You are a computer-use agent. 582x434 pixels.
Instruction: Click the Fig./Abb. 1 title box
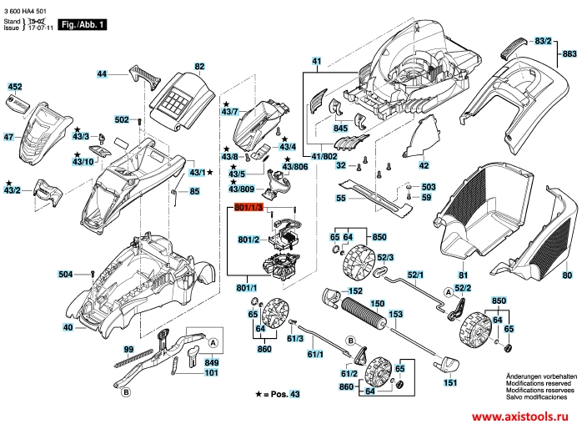84,25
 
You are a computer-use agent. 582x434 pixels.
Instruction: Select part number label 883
569,53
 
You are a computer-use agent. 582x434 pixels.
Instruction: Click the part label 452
15,87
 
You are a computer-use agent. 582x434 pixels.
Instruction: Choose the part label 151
450,383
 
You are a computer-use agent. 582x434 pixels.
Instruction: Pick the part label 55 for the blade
341,199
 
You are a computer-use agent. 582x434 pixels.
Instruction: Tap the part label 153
395,314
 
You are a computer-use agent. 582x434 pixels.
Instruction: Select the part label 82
199,66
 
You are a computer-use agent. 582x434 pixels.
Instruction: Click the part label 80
567,275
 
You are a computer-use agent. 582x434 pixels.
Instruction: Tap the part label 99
128,349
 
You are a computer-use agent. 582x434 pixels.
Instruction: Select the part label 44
102,74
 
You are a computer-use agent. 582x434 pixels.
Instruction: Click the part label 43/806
294,166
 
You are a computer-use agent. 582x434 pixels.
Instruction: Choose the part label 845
340,129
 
